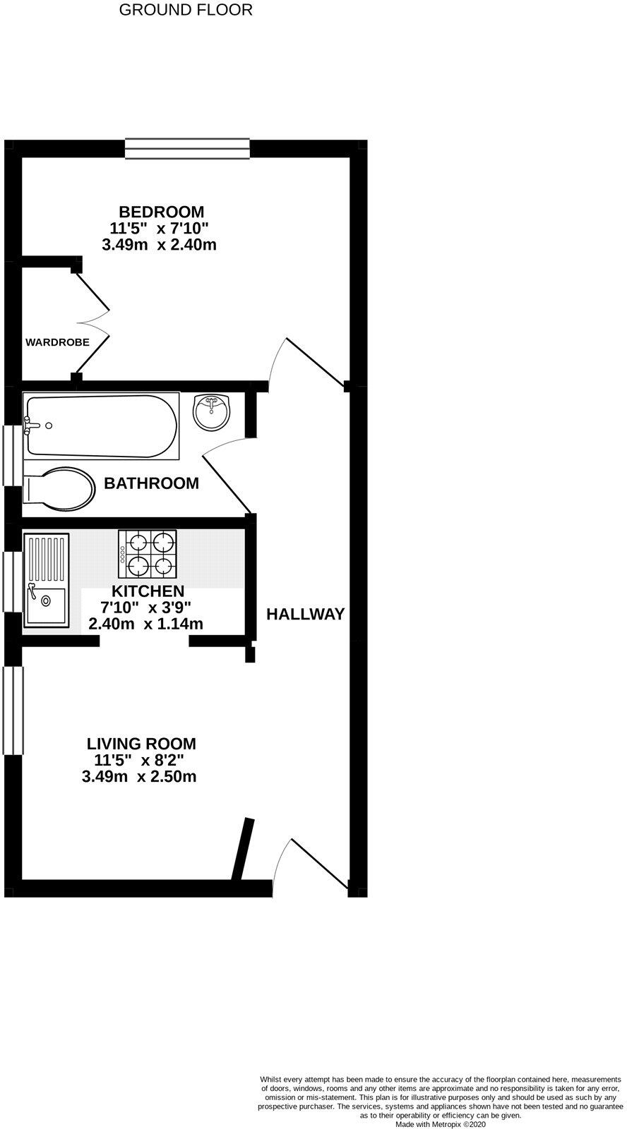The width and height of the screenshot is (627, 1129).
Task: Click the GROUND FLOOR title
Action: click(186, 10)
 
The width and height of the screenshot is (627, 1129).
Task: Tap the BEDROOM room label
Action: click(162, 212)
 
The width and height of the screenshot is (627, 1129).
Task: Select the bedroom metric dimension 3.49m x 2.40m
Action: click(159, 246)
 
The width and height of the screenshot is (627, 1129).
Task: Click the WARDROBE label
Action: click(57, 343)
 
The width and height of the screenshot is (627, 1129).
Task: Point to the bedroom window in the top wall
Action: click(187, 148)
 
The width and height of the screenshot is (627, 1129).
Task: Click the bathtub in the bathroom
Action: click(101, 425)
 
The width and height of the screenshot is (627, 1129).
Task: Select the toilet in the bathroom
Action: click(60, 489)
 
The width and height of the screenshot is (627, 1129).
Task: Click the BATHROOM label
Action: click(151, 483)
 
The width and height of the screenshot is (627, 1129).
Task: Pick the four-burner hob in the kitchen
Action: click(147, 553)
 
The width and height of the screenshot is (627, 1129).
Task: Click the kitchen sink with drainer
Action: click(46, 580)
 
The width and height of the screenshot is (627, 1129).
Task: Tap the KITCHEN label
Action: click(148, 591)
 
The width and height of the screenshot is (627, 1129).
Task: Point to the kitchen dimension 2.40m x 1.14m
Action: click(145, 624)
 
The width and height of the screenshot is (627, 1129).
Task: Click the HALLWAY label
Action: click(305, 614)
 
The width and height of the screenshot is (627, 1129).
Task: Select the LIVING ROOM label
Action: click(141, 743)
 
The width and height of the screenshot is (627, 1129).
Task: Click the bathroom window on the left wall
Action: click(12, 455)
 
